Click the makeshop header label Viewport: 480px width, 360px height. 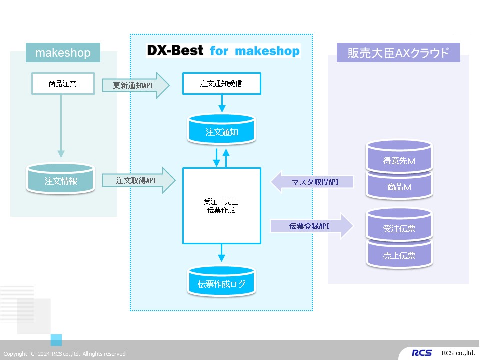pyautogui.click(x=63, y=52)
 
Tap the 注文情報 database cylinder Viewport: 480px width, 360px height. pyautogui.click(x=61, y=180)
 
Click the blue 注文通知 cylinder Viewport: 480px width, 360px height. pyautogui.click(x=222, y=132)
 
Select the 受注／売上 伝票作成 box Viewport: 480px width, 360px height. pyautogui.click(x=222, y=206)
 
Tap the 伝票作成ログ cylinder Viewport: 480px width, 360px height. pyautogui.click(x=222, y=284)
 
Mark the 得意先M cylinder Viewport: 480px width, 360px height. pyautogui.click(x=399, y=160)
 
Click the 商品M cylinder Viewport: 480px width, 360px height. pyautogui.click(x=399, y=187)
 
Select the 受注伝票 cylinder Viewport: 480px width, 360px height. pyautogui.click(x=399, y=228)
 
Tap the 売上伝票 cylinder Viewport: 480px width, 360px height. pyautogui.click(x=399, y=255)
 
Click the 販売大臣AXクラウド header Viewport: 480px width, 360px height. pyautogui.click(x=398, y=52)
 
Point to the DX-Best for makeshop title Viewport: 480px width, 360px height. pyautogui.click(x=223, y=51)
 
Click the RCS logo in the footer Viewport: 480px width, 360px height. pyautogui.click(x=422, y=353)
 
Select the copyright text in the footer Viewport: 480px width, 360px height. pyautogui.click(x=64, y=354)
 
